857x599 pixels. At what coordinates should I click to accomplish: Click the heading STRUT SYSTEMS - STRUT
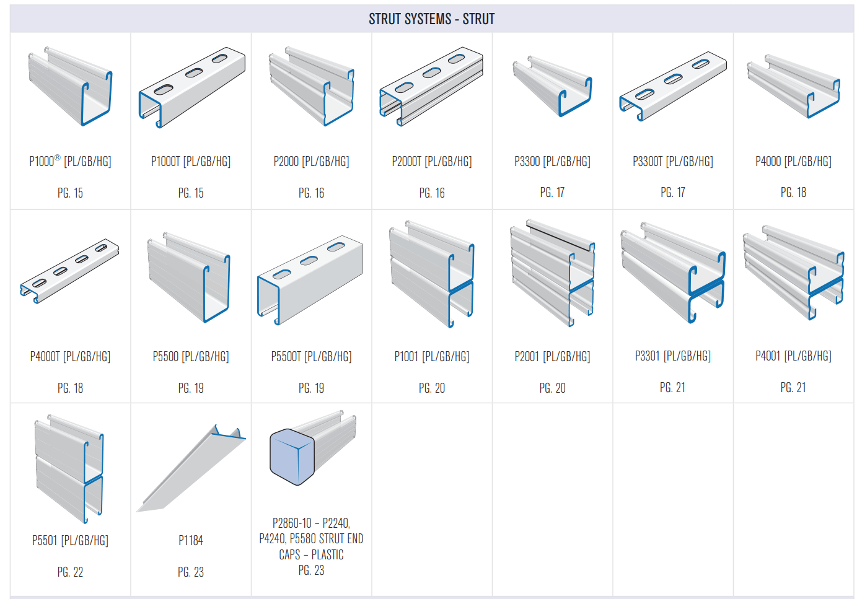point(431,19)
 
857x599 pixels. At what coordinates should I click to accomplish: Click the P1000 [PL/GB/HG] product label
point(70,161)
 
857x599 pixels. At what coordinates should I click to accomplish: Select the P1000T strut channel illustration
point(191,87)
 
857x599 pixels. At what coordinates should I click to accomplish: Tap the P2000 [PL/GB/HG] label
point(311,161)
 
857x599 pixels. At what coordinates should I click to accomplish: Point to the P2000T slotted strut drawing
point(431,87)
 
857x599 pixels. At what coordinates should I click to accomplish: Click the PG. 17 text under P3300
point(552,193)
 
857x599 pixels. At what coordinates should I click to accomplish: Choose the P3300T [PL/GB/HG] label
point(672,161)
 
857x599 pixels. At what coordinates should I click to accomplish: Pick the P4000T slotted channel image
point(69,271)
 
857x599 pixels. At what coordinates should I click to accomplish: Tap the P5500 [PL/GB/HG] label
point(191,356)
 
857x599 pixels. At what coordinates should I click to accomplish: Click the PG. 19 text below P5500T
point(311,388)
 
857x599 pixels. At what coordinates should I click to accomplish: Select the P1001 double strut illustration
point(432,273)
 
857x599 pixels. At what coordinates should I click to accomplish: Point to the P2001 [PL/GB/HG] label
point(552,356)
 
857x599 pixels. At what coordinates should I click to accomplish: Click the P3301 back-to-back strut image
point(673,273)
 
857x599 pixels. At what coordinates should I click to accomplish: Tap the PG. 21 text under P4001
point(793,387)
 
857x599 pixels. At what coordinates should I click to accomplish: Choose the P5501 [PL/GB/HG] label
point(70,540)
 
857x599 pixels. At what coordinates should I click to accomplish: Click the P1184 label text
point(191,540)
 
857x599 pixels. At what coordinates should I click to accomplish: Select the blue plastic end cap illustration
point(292,457)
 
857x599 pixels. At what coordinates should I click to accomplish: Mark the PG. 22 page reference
point(70,572)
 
